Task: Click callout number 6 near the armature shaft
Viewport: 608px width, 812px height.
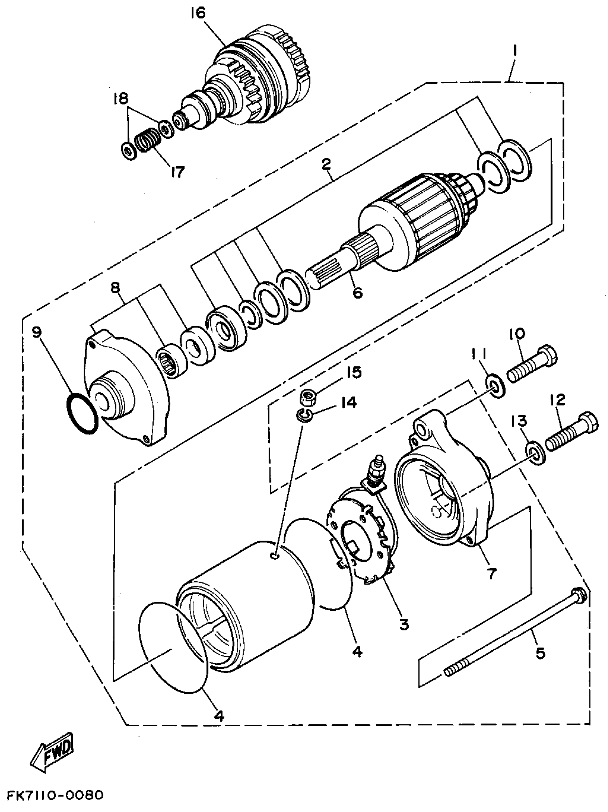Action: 357,292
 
